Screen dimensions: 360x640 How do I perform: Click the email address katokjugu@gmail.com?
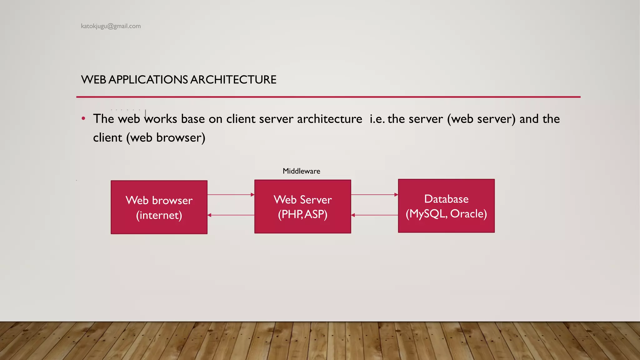click(111, 26)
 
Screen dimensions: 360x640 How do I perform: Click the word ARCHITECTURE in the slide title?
click(233, 80)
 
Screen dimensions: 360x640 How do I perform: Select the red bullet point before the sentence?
click(83, 119)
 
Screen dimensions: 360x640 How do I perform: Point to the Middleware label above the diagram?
click(301, 171)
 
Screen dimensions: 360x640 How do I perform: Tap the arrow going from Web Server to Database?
click(374, 195)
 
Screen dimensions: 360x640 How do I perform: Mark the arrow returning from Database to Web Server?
click(374, 215)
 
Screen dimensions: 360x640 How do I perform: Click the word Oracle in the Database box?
click(468, 214)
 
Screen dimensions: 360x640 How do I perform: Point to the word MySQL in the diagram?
click(427, 214)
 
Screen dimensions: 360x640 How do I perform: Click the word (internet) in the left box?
click(159, 215)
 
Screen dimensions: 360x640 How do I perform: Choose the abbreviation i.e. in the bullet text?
click(377, 119)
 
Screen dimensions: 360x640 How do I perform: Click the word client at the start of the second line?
click(107, 138)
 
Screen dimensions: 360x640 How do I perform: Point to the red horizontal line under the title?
click(328, 97)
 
